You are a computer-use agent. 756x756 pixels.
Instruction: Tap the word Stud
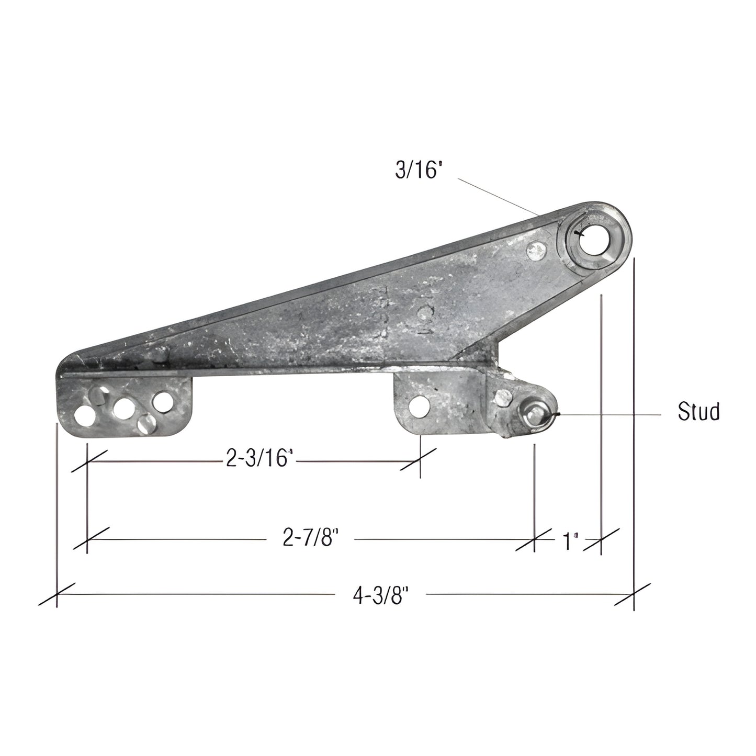pos(698,412)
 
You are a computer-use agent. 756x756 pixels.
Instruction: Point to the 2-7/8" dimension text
pos(308,538)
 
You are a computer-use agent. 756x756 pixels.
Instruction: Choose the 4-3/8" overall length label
pos(380,596)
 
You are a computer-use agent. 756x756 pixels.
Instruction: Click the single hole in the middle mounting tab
pos(418,408)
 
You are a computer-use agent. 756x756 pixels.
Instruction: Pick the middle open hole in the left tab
pos(123,409)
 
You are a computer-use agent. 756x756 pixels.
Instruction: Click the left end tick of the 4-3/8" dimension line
pos(57,594)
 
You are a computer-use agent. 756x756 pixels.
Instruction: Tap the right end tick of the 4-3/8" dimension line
pos(634,594)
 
